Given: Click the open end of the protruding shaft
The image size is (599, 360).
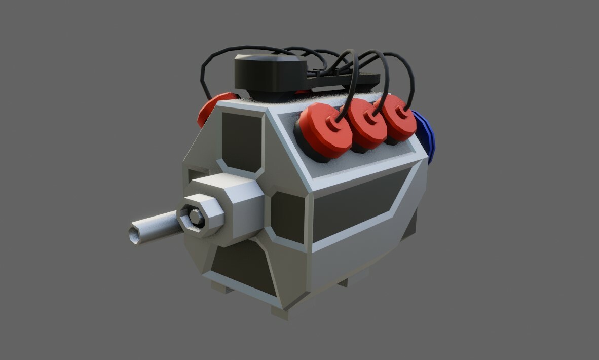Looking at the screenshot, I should pos(135,235).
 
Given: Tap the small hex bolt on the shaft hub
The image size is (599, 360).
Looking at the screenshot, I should pos(196,218).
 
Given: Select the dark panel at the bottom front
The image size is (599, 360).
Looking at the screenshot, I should pos(243,269).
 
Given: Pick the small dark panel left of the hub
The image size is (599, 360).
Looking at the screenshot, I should pos(195,175).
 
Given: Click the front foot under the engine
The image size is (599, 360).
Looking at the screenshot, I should pos(280,312).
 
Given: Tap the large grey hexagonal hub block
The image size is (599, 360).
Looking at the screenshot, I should pos(238,203).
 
